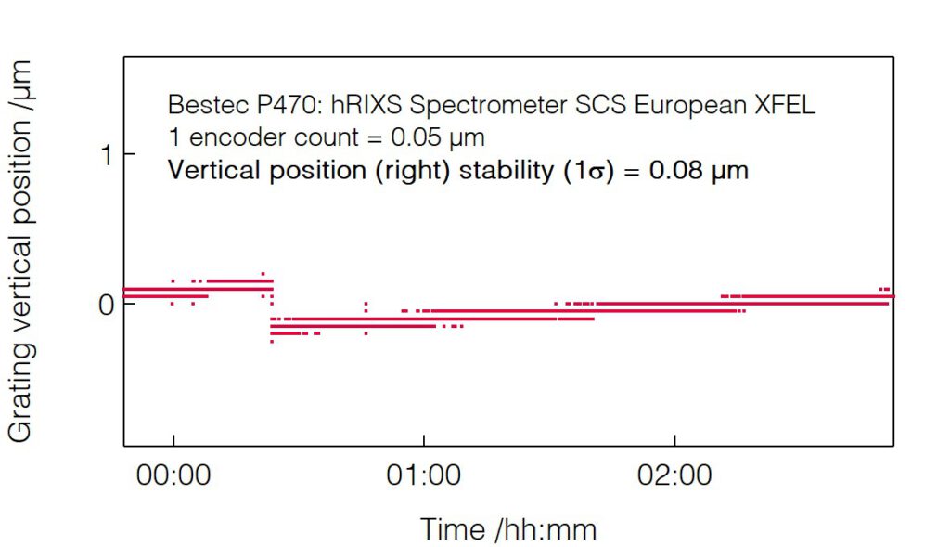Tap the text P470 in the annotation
click(x=266, y=104)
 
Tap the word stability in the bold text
click(x=497, y=171)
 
